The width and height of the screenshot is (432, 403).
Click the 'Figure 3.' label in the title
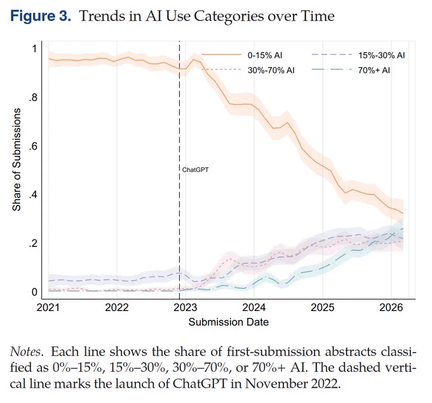click(41, 17)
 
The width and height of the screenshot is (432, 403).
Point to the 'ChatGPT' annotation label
click(195, 170)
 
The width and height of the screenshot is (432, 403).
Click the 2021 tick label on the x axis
click(48, 307)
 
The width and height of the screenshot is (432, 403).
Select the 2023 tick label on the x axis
click(185, 307)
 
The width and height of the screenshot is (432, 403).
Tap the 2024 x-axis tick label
click(253, 307)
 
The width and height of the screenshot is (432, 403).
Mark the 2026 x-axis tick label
click(391, 307)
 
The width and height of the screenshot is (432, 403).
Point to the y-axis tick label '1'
click(34, 49)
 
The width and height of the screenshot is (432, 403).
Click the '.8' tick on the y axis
click(33, 98)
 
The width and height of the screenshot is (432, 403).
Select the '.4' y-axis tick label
click(33, 195)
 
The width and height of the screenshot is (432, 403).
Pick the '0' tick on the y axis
click(34, 292)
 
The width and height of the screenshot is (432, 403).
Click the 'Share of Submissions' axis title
click(17, 159)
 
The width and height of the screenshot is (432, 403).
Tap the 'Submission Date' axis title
click(229, 322)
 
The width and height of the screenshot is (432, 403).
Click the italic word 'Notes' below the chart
click(26, 352)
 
